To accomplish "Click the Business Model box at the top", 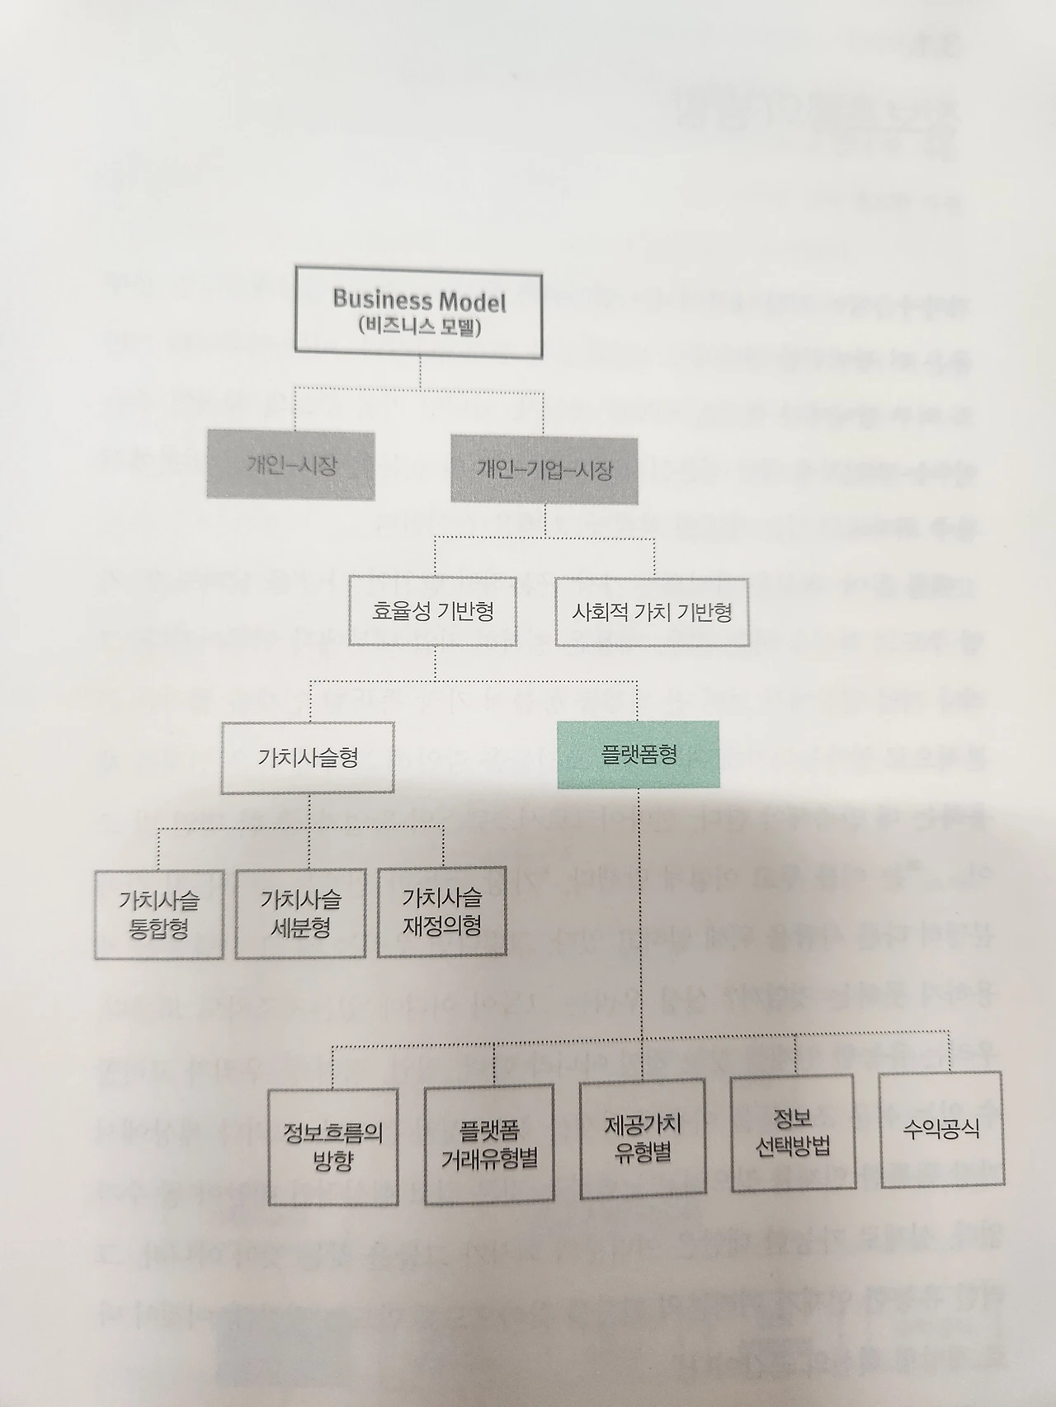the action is [419, 312].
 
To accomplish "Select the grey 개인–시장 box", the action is [290, 466].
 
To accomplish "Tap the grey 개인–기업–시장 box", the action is [544, 469].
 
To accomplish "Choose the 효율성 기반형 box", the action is [433, 611].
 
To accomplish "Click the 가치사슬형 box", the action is [308, 758].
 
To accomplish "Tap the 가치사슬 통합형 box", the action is [159, 914].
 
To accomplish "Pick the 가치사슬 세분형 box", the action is [300, 912].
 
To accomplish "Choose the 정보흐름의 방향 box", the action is [333, 1146].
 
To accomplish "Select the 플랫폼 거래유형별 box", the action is [490, 1144].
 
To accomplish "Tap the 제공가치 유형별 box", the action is [643, 1136].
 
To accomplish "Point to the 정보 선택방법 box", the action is [793, 1132].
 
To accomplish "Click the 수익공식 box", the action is [941, 1127].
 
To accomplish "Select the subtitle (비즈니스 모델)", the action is [420, 327].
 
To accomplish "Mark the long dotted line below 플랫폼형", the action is [640, 907].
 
